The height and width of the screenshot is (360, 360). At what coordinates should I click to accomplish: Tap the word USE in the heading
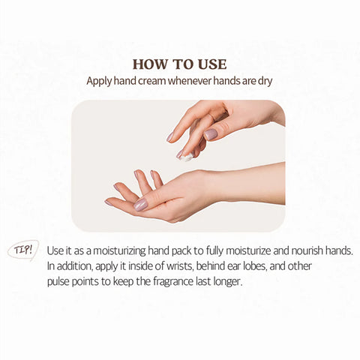click(210, 64)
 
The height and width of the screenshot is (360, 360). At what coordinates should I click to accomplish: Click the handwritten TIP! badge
click(24, 250)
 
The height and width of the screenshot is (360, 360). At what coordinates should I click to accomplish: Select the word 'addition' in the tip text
click(76, 266)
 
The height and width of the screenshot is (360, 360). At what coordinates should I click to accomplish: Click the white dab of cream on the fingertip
click(186, 157)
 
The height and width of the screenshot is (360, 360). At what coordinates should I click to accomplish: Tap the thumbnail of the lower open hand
click(140, 205)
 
